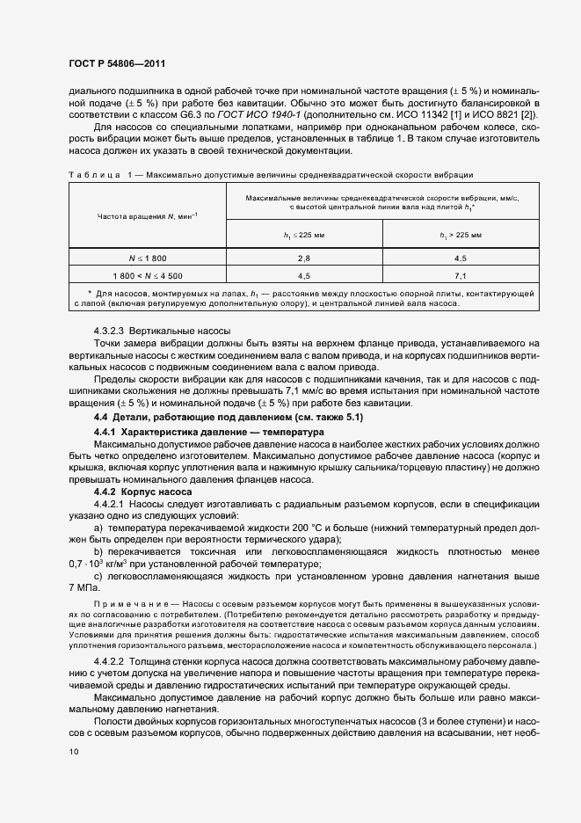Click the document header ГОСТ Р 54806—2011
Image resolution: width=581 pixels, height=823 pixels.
[116, 64]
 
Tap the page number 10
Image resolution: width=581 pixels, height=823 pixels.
[73, 752]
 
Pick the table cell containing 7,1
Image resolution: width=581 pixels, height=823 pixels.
[461, 276]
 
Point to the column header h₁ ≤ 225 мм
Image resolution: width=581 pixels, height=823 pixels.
[304, 235]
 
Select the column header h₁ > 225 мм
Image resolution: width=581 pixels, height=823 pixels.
[461, 235]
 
